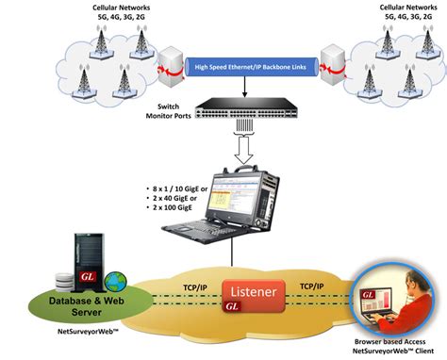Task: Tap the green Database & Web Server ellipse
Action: [78, 303]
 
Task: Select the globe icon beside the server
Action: [114, 282]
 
